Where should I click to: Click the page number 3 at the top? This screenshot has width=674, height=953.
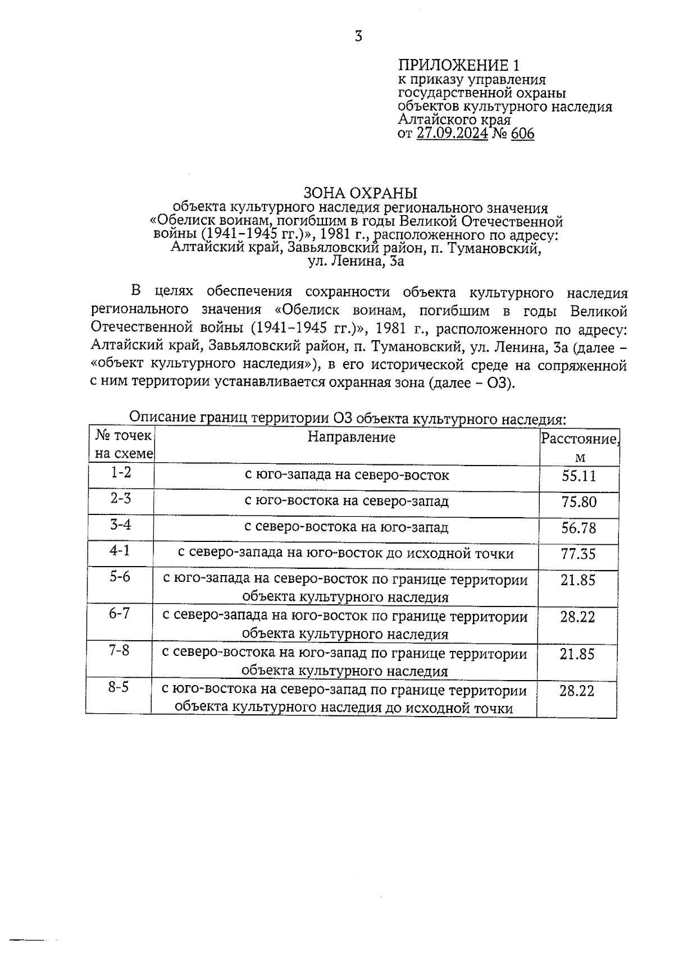click(x=358, y=37)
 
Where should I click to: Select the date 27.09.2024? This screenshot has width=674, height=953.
click(x=452, y=134)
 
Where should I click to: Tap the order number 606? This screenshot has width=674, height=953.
click(x=522, y=134)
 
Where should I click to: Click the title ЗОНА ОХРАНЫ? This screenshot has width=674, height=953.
click(x=360, y=193)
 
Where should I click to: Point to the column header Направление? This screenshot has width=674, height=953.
click(x=352, y=437)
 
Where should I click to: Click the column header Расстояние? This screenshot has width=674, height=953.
click(x=579, y=439)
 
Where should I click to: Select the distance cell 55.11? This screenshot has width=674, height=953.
click(x=579, y=477)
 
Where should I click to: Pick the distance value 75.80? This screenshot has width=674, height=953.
click(x=579, y=502)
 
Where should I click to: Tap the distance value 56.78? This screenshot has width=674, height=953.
click(x=579, y=528)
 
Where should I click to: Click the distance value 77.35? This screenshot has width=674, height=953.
click(x=578, y=554)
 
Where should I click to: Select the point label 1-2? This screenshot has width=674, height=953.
click(x=121, y=473)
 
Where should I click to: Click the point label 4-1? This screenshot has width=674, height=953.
click(x=120, y=550)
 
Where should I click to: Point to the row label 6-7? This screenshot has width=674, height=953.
click(x=119, y=613)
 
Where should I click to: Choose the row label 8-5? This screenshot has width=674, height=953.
click(x=119, y=687)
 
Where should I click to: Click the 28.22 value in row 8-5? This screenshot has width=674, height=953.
click(x=577, y=691)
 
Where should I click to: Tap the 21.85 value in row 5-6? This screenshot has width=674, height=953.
click(x=577, y=580)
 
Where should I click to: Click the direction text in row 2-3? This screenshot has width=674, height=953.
click(x=347, y=501)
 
